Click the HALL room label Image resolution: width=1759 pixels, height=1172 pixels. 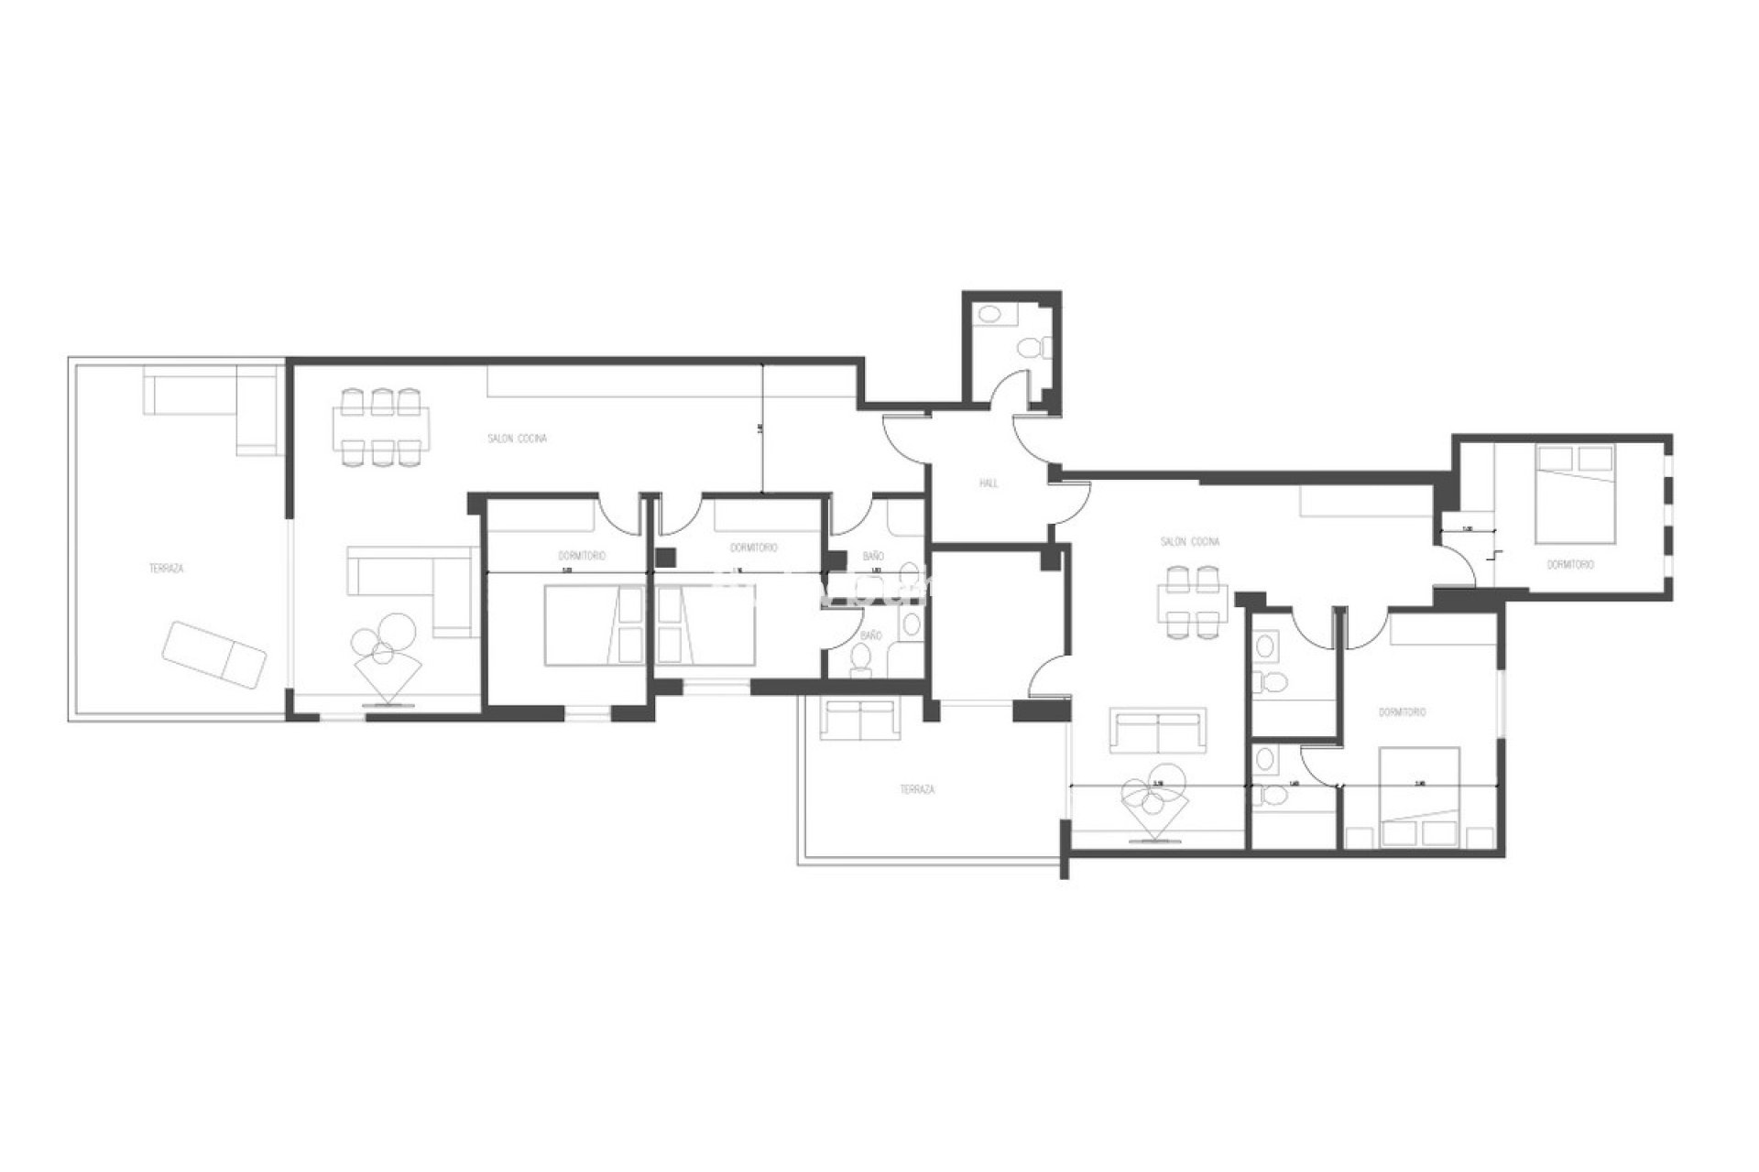(x=989, y=483)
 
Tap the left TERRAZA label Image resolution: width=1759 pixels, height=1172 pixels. (x=167, y=569)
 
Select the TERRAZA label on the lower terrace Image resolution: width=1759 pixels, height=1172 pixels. (x=917, y=789)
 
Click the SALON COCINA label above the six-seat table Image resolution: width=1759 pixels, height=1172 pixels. (x=518, y=439)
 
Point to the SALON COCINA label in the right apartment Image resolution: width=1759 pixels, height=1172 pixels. (x=1190, y=542)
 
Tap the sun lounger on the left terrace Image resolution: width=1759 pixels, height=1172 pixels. (x=213, y=656)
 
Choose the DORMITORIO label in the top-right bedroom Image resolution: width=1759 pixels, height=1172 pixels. (x=1569, y=565)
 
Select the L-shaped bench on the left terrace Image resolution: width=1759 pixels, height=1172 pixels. (x=213, y=403)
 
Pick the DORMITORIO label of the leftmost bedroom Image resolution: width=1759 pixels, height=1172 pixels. (x=582, y=556)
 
